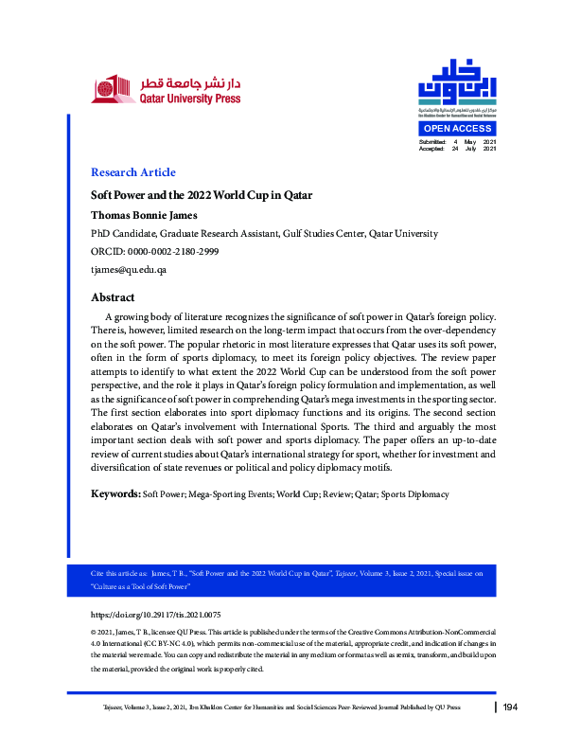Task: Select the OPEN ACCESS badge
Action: [x=457, y=129]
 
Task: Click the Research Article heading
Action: [x=132, y=172]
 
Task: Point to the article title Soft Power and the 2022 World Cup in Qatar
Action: [x=201, y=195]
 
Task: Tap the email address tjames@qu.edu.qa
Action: [x=129, y=270]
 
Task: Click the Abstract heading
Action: [x=113, y=297]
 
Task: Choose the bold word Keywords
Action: [x=114, y=494]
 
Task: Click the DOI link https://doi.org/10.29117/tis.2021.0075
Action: [x=167, y=615]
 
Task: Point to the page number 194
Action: [x=511, y=707]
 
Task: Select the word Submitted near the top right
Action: [x=432, y=141]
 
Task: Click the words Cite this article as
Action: [x=116, y=574]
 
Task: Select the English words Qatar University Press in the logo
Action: [x=189, y=98]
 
